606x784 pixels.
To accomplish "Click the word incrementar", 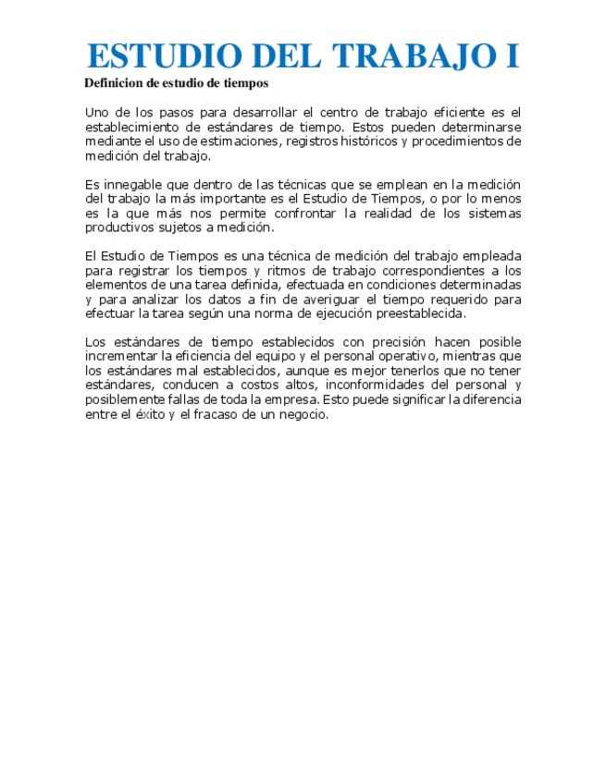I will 121,357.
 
